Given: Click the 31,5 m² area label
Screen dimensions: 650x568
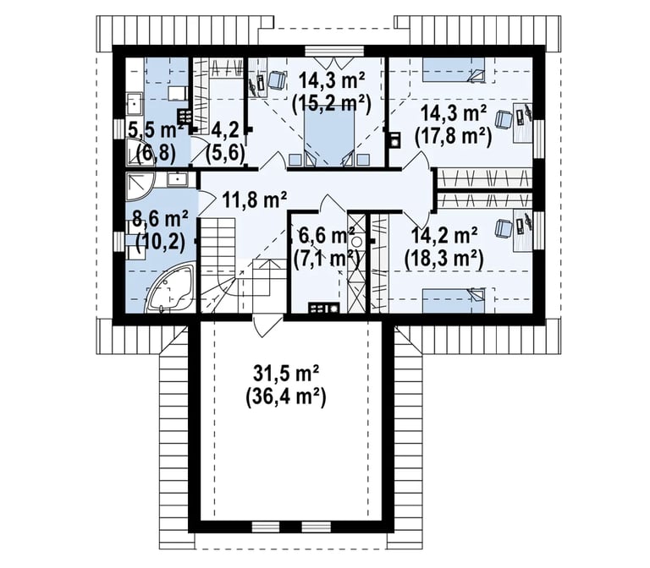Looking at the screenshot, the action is pyautogui.click(x=286, y=375).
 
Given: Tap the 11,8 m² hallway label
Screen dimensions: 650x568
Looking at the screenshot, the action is pyautogui.click(x=255, y=200).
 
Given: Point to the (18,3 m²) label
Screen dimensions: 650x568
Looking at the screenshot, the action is pyautogui.click(x=444, y=259).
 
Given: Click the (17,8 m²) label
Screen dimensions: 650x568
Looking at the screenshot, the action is pyautogui.click(x=454, y=135).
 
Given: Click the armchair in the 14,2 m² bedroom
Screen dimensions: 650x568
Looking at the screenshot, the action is pyautogui.click(x=503, y=229).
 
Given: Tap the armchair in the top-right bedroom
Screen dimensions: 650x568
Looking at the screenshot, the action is pyautogui.click(x=504, y=119).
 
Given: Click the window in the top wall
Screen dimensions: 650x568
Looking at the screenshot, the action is pyautogui.click(x=334, y=51).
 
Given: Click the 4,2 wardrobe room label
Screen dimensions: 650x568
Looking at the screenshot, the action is pyautogui.click(x=225, y=131).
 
